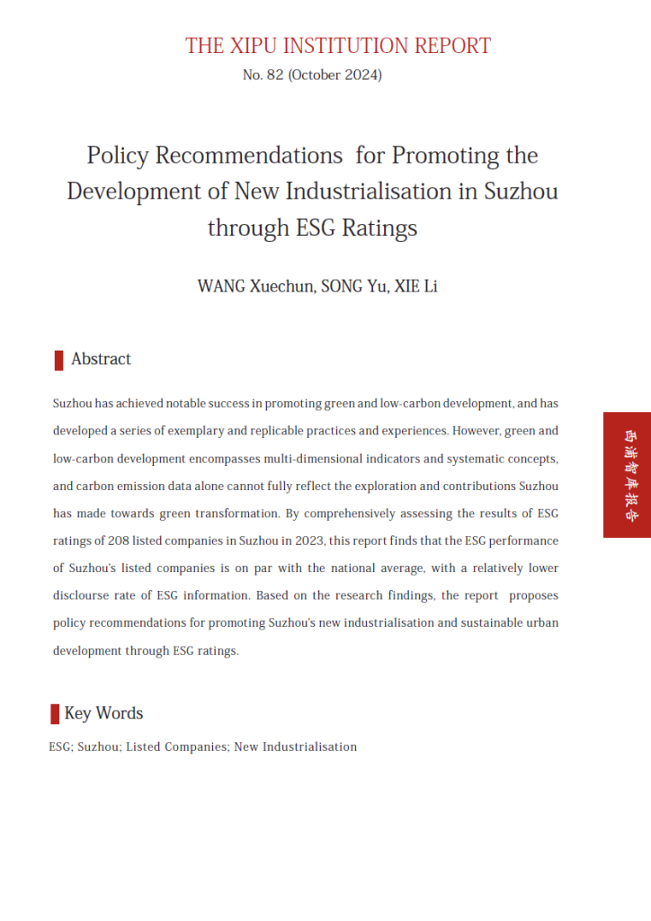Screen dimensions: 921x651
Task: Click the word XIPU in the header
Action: (x=260, y=46)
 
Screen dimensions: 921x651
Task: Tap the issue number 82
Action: (x=274, y=76)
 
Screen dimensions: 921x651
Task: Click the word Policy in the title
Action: (x=118, y=156)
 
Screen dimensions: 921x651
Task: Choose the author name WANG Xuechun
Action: (x=254, y=287)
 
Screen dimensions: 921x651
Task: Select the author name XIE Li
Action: (x=416, y=287)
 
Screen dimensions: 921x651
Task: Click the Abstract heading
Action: (x=101, y=359)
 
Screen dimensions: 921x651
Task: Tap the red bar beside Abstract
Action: (x=58, y=361)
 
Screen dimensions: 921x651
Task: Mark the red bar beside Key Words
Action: (x=55, y=714)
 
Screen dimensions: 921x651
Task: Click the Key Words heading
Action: (x=103, y=713)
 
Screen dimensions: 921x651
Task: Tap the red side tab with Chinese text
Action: (x=627, y=475)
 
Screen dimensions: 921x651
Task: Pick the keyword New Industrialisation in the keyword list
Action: (x=295, y=747)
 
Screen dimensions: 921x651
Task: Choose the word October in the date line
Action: (x=317, y=76)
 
